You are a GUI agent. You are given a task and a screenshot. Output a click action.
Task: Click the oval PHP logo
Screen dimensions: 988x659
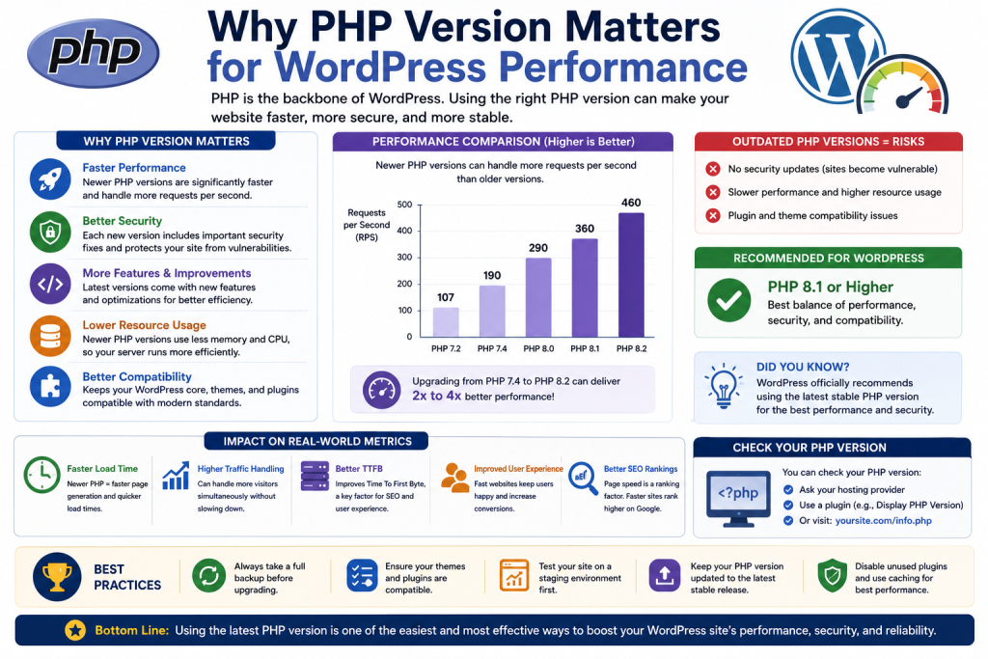point(94,53)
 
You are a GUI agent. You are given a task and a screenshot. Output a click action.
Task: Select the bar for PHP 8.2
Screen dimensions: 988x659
point(631,275)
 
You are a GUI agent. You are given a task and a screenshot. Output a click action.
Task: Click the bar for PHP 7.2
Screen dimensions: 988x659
point(446,322)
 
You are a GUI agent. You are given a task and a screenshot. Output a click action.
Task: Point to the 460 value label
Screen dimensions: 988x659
point(631,203)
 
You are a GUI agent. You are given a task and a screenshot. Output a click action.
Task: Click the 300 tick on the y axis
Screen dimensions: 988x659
point(404,257)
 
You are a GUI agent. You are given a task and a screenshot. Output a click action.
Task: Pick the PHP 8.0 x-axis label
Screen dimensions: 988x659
point(538,348)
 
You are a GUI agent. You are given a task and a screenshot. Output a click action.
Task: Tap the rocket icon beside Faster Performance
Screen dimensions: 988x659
point(50,179)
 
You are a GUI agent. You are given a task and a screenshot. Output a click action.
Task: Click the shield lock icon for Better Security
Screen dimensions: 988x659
point(50,232)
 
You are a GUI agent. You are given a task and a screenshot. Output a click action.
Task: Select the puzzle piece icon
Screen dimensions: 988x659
point(50,387)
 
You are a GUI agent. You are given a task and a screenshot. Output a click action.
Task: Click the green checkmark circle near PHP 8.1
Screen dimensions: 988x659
point(729,300)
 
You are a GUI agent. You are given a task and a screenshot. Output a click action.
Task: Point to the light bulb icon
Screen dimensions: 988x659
point(724,386)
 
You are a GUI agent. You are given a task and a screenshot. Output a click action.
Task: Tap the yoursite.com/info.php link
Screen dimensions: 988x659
point(884,521)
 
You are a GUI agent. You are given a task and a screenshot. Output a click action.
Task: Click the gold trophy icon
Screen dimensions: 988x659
point(57,576)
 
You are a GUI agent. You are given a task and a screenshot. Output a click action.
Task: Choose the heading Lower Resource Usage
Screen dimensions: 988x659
point(145,325)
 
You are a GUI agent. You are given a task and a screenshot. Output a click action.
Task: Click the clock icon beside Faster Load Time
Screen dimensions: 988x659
point(42,475)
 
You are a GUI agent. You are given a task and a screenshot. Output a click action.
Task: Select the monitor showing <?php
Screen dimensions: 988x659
point(738,498)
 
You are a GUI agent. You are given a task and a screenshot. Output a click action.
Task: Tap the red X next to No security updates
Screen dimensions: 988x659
point(713,169)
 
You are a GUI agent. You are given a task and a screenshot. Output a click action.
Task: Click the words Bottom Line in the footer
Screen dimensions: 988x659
point(131,630)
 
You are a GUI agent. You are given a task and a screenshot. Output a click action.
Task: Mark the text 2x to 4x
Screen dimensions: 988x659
point(437,397)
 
